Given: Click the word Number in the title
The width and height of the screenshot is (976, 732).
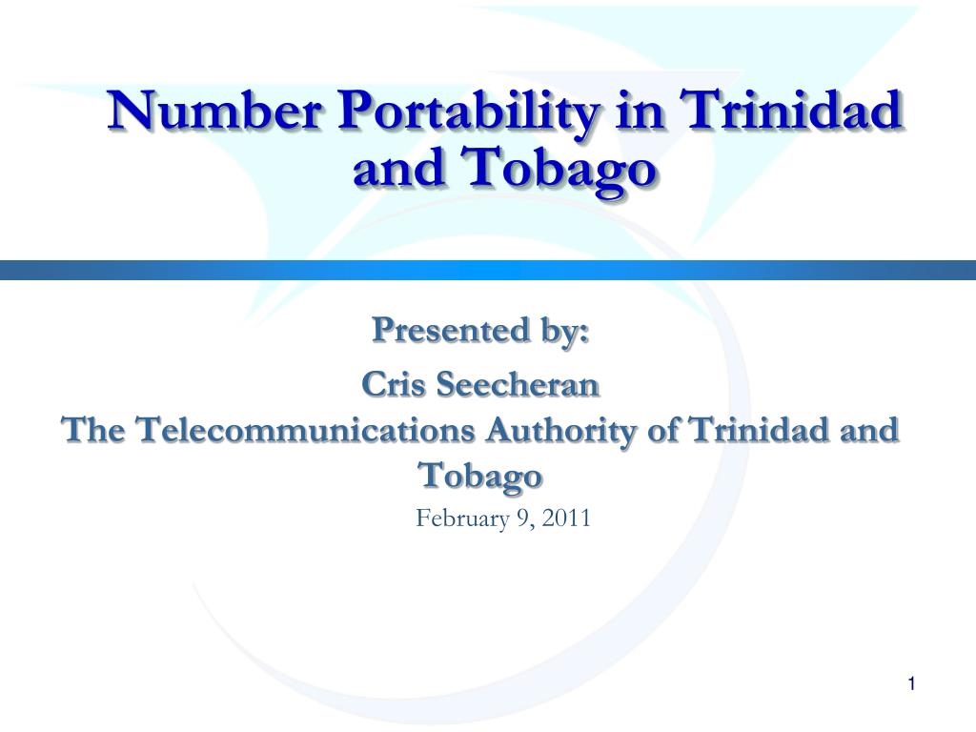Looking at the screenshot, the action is tap(214, 110).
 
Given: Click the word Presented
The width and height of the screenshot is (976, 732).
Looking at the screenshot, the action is tap(450, 330).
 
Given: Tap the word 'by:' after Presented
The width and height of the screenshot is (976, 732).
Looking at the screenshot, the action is tap(564, 331).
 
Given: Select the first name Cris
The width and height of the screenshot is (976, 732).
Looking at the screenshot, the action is tap(393, 384).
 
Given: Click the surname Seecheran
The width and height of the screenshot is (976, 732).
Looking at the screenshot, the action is tap(518, 384).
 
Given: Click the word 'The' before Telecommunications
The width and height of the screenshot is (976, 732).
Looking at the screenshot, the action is tap(93, 430).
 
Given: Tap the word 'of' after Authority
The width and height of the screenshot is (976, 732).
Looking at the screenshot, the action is tap(663, 430).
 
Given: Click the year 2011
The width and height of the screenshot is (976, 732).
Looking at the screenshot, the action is tap(566, 518).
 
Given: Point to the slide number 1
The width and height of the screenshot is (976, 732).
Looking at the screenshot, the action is tap(911, 684).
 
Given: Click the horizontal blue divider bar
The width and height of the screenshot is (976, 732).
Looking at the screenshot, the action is tap(488, 270).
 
